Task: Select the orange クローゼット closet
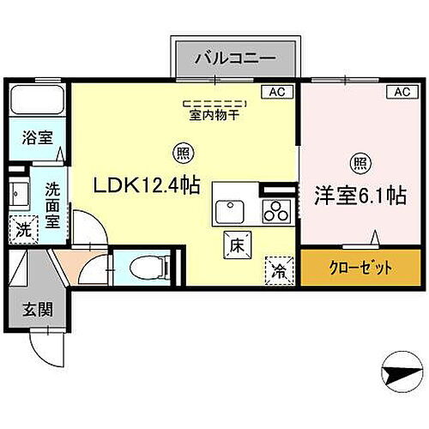pos(360,268)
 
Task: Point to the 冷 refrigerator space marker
pos(279,269)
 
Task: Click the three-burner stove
pos(276,208)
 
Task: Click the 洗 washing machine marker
pos(26,230)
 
